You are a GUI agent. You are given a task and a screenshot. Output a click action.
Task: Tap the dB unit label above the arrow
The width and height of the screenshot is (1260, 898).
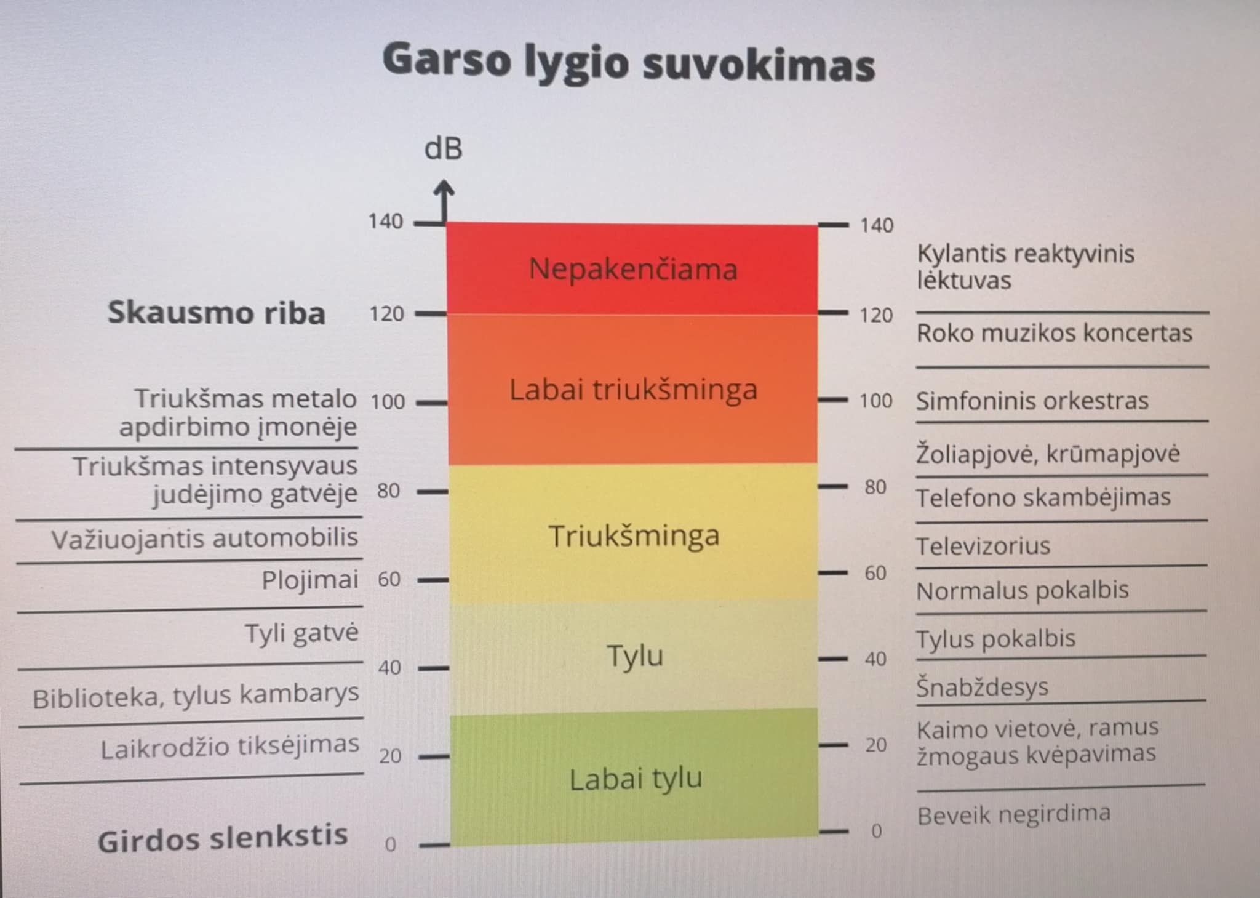click(443, 149)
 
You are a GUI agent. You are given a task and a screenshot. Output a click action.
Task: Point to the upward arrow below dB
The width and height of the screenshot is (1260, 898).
click(444, 201)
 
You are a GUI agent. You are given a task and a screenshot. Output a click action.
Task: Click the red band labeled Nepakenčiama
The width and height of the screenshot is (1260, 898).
click(632, 270)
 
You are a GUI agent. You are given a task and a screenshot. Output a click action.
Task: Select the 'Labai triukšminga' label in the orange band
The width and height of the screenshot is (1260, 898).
click(633, 390)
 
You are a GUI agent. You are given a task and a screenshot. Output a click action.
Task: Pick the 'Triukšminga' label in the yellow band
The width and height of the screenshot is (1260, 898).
click(634, 535)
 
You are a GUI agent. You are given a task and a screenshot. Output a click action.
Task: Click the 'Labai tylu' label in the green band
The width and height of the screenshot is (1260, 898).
click(636, 779)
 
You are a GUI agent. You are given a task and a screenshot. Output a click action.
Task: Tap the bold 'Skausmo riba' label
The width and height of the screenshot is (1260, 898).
click(217, 313)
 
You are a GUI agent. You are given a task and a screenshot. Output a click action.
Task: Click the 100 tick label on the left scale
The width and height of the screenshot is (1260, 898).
click(388, 402)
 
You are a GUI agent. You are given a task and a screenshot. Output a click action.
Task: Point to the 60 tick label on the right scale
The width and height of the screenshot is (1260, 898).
click(875, 573)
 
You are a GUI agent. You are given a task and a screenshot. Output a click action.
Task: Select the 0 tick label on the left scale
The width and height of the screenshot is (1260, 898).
click(390, 844)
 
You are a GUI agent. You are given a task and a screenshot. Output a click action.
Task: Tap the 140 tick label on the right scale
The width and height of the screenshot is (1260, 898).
click(877, 226)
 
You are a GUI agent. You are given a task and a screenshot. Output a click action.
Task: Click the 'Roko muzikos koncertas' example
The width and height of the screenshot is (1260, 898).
click(1054, 334)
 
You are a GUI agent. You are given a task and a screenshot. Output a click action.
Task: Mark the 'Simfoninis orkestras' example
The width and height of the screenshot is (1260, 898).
click(1032, 401)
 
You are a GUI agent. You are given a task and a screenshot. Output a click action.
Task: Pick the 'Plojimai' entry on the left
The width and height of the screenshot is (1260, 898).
click(310, 580)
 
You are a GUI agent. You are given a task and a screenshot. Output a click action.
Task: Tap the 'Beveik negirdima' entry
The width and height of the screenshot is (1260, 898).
click(1013, 815)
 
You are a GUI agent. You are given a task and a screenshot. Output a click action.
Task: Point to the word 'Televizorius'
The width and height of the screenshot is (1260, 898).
click(983, 546)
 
